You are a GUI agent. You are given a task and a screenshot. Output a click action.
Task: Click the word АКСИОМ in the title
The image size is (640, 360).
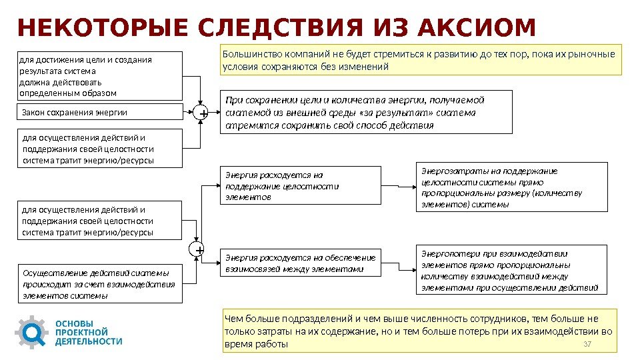coord(477,28)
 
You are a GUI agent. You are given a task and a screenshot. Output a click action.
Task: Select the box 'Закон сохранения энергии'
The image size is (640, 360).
coord(99,112)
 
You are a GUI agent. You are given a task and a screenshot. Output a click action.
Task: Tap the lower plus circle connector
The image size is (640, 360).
coord(197,250)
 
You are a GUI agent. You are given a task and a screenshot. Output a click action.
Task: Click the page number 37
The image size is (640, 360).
coord(587,343)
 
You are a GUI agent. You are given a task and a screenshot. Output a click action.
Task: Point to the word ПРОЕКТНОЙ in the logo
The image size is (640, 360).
coord(81,332)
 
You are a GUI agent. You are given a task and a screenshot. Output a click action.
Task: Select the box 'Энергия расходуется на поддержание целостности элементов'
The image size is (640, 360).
coord(300,185)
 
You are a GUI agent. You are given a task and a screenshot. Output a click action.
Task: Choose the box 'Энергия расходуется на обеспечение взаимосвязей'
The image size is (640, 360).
coord(300,263)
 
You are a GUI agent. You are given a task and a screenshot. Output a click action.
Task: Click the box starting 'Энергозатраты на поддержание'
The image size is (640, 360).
coord(511,187)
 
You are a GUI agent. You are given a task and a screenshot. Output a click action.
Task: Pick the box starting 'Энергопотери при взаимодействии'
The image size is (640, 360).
coord(511,270)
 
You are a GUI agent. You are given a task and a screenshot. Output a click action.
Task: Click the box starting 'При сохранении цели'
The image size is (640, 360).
coord(367,113)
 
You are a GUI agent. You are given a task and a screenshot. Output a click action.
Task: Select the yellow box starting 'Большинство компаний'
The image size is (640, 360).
coord(421,60)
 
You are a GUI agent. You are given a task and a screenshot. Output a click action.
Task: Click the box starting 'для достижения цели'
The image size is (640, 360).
coord(99,76)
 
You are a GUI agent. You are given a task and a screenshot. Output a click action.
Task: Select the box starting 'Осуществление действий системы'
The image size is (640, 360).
coord(99,284)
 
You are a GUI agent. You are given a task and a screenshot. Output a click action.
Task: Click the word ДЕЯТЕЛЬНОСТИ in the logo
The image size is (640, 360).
coord(89,341)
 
